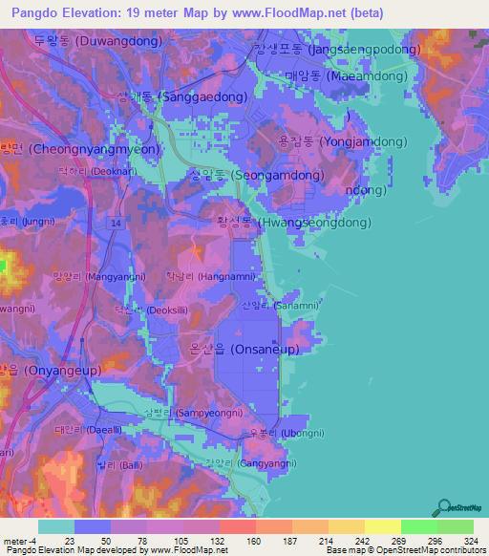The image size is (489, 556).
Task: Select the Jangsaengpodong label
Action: point(337,50)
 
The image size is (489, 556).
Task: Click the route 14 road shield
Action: point(115,222)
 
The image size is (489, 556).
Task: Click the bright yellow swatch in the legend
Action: point(383,526)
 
